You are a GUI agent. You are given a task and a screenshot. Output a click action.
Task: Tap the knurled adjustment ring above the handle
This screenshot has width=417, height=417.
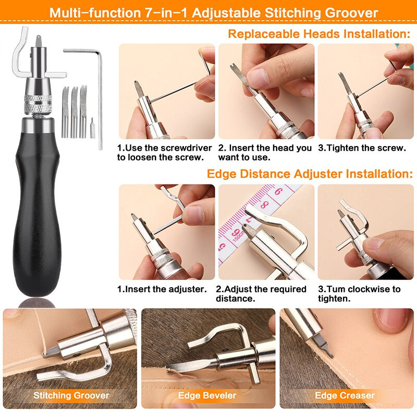click(38, 103)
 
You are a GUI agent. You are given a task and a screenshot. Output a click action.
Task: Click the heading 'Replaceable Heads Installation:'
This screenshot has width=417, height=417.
click(319, 34)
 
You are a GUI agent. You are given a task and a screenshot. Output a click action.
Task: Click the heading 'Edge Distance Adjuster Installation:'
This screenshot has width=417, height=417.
click(310, 174)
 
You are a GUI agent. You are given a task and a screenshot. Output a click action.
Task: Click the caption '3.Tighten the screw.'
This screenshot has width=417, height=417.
click(362, 148)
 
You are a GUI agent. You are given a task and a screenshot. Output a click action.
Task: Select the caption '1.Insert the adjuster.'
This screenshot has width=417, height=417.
click(162, 289)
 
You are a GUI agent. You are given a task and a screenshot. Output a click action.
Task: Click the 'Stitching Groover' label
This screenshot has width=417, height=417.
click(71, 396)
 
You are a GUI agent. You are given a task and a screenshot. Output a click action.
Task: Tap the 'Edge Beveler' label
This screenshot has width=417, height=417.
click(207, 396)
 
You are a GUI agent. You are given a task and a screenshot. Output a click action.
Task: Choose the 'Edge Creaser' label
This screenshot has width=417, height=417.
click(345, 396)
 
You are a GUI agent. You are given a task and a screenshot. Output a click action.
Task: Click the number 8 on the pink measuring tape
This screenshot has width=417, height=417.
click(264, 204)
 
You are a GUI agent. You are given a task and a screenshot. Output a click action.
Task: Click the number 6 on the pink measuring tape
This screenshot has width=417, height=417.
click(278, 191)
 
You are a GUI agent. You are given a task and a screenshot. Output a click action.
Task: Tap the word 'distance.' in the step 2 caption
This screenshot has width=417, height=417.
click(236, 299)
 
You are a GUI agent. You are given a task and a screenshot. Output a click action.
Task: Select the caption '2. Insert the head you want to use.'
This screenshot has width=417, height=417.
click(265, 153)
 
